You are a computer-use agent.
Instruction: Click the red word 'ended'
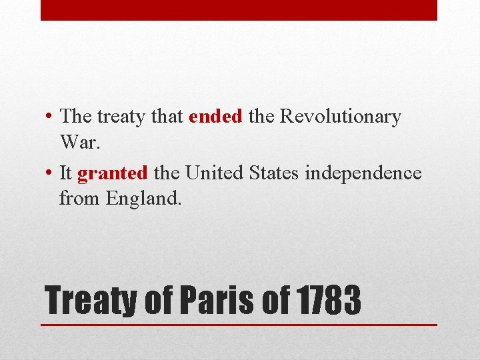point(215,117)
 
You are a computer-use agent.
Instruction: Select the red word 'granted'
point(113,173)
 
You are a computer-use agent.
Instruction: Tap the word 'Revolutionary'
point(340,117)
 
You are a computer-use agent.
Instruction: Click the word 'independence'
point(363,173)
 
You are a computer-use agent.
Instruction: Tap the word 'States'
point(275,173)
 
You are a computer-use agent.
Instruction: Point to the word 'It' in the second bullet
point(65,173)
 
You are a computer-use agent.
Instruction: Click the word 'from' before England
point(75,197)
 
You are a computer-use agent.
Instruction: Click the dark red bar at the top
point(239,10)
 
